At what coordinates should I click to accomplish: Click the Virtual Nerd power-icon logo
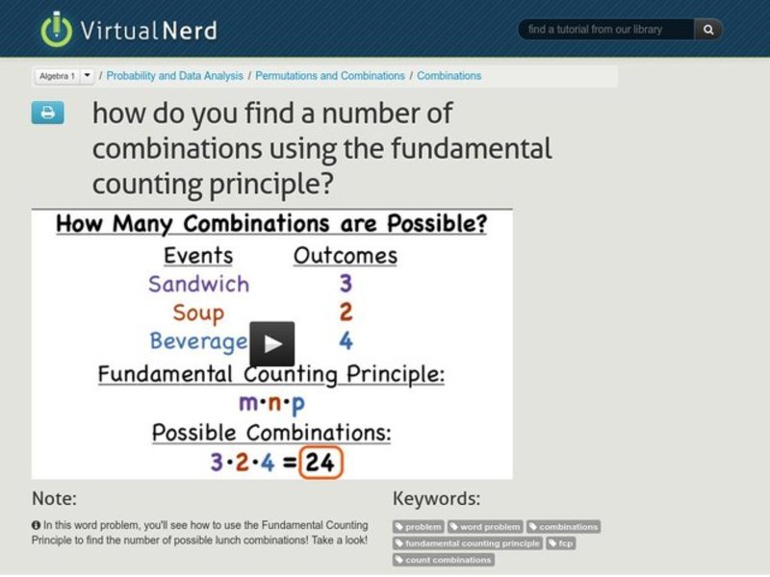click(x=56, y=29)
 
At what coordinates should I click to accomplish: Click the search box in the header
click(x=606, y=30)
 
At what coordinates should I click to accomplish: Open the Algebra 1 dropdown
click(x=87, y=75)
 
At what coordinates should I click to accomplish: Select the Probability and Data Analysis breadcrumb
click(x=176, y=76)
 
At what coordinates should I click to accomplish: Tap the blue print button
click(x=47, y=113)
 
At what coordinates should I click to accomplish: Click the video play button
click(x=272, y=343)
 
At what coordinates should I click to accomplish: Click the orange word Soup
click(x=198, y=313)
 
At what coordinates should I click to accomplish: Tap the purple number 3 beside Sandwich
click(x=346, y=284)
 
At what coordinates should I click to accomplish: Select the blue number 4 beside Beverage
click(x=346, y=341)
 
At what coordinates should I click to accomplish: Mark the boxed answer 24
click(x=320, y=463)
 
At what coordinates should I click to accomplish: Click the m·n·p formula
click(x=272, y=403)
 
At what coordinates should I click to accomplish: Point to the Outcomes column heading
click(x=345, y=256)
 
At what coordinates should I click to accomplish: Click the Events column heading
click(x=198, y=256)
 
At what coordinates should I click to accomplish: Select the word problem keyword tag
click(x=485, y=527)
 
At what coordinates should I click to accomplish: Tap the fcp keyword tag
click(x=562, y=543)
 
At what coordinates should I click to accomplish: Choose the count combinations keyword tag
click(x=443, y=560)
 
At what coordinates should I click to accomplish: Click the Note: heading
click(x=54, y=498)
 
